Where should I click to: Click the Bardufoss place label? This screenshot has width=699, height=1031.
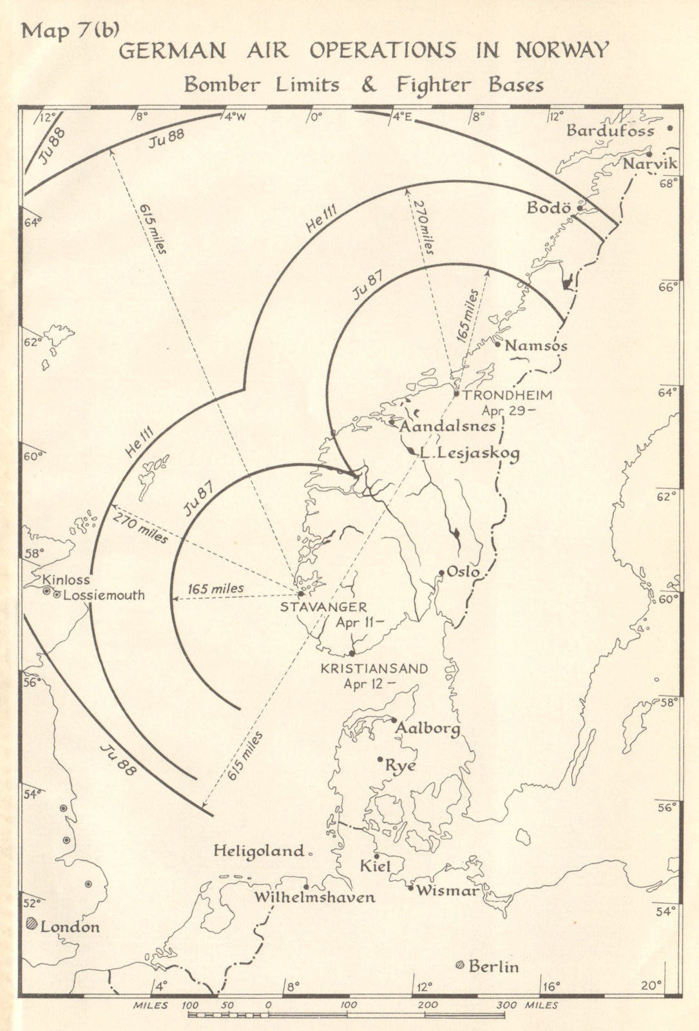pyautogui.click(x=609, y=131)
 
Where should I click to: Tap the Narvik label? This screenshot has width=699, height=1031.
pyautogui.click(x=649, y=163)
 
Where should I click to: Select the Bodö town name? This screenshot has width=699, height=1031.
pyautogui.click(x=549, y=207)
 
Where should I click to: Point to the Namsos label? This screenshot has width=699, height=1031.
pyautogui.click(x=535, y=346)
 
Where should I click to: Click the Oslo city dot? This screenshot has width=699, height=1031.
pyautogui.click(x=441, y=572)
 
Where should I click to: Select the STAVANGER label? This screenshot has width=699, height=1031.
pyautogui.click(x=323, y=607)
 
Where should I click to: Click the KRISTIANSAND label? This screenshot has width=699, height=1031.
pyautogui.click(x=374, y=669)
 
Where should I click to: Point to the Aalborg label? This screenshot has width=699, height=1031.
pyautogui.click(x=428, y=728)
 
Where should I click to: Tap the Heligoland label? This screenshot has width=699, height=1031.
pyautogui.click(x=258, y=851)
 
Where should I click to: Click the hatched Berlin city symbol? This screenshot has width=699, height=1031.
pyautogui.click(x=459, y=965)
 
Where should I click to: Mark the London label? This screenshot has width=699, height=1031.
pyautogui.click(x=70, y=927)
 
